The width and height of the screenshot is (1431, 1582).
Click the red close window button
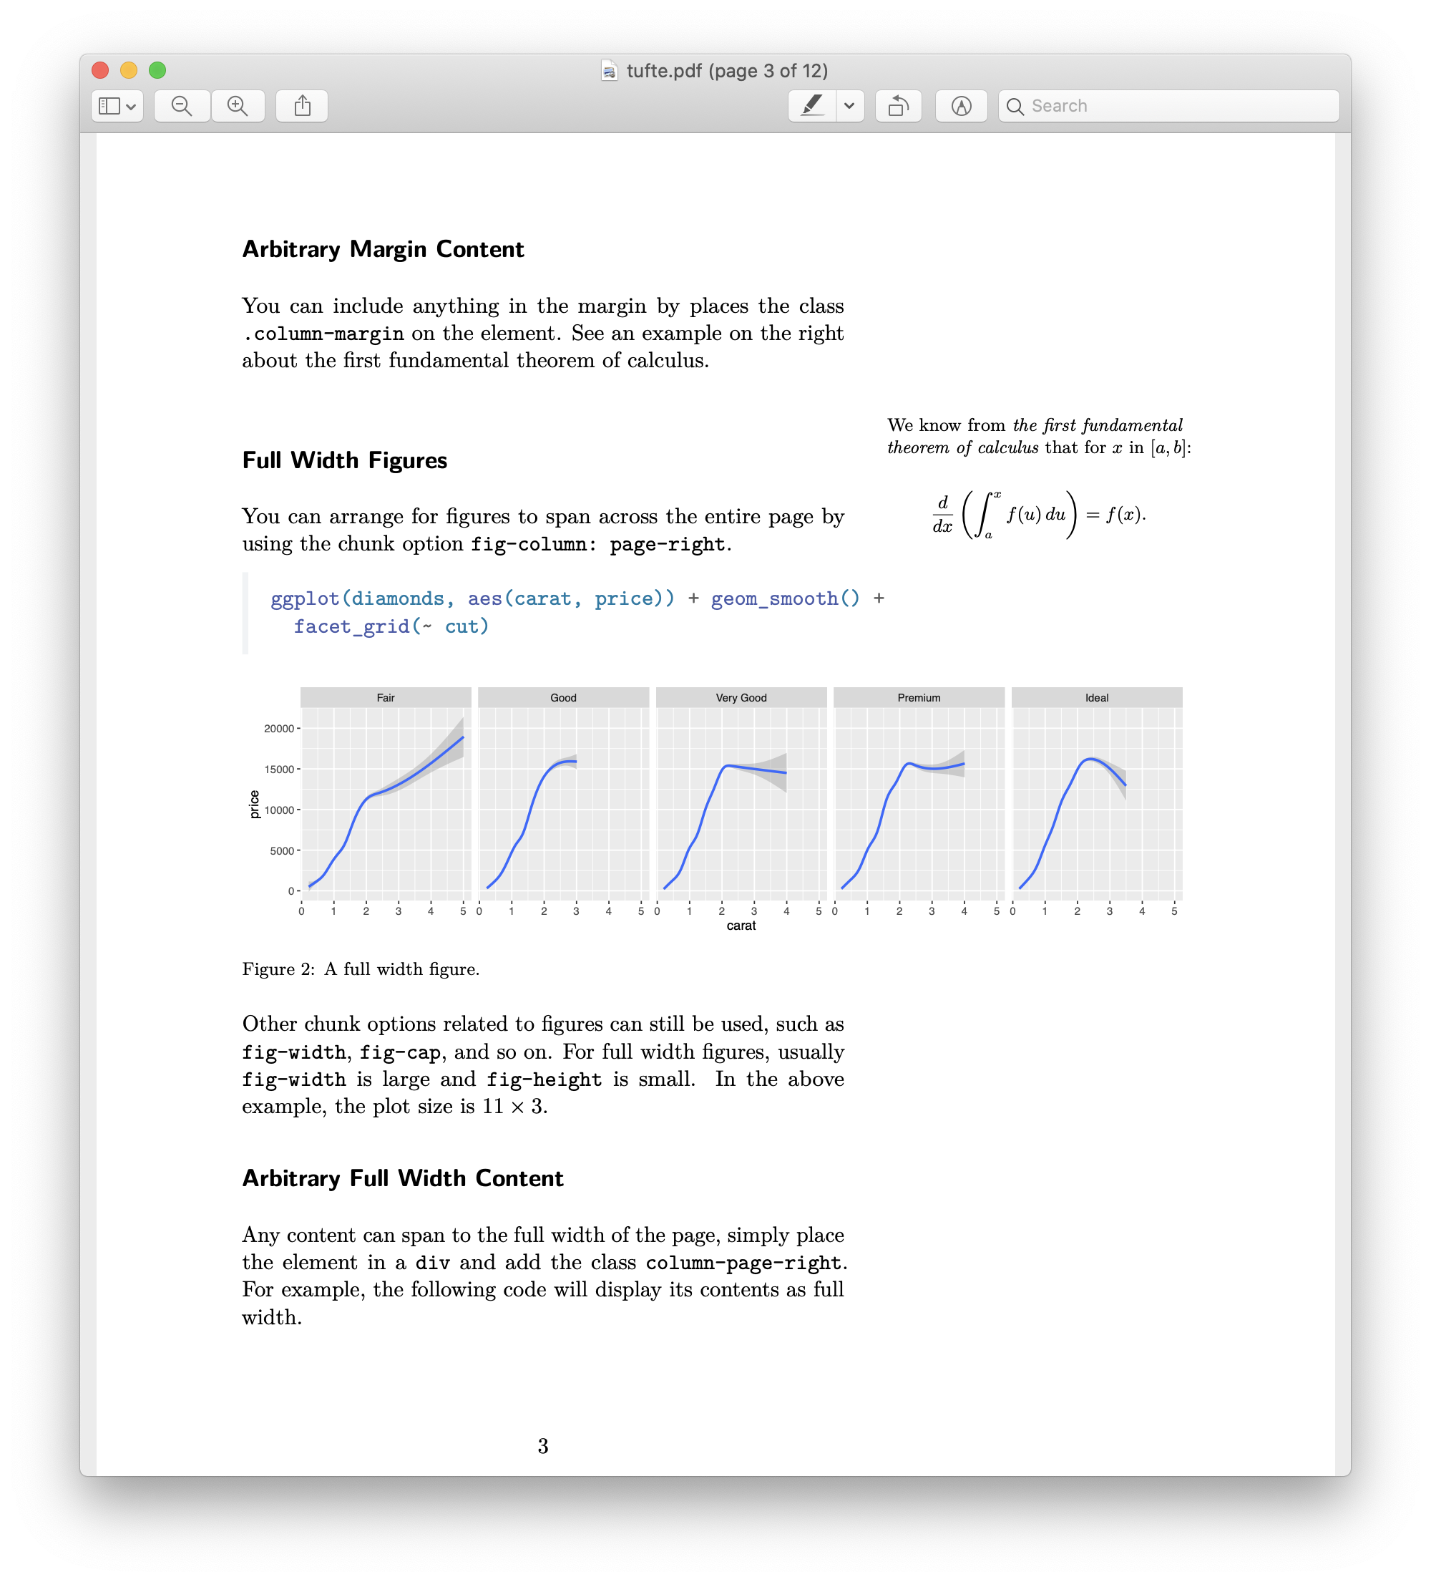click(100, 70)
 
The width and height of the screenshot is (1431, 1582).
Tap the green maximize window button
click(157, 70)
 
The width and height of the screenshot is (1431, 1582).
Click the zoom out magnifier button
click(182, 106)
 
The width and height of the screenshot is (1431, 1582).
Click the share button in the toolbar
click(302, 106)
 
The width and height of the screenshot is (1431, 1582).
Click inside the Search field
click(1177, 106)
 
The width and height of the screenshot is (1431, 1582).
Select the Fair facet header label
click(385, 698)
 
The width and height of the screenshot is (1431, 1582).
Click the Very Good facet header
click(741, 698)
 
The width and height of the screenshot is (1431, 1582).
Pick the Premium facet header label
click(919, 698)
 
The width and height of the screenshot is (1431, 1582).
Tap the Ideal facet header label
click(1096, 698)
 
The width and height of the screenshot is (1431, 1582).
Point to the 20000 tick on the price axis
click(278, 729)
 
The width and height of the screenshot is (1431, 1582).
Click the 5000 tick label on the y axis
click(282, 850)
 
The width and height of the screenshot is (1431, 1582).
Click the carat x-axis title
click(741, 926)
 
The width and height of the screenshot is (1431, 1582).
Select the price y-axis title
click(254, 805)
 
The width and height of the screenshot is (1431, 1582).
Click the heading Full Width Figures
click(344, 460)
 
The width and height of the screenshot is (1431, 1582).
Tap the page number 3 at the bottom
click(543, 1446)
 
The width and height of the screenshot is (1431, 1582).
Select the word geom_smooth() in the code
click(784, 598)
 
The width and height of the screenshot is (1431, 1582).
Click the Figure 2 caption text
click(361, 969)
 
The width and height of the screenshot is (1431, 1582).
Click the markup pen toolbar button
click(812, 106)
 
